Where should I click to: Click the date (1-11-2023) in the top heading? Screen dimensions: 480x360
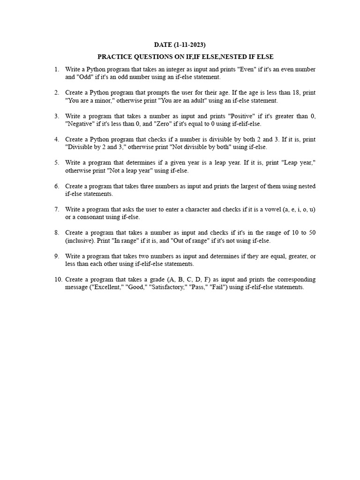(x=189, y=45)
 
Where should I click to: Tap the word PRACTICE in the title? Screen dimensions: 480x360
(x=114, y=57)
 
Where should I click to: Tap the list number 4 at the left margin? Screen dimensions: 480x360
(x=56, y=140)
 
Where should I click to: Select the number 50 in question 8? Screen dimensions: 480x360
(x=312, y=233)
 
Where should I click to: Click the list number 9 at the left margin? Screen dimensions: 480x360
(x=56, y=256)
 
